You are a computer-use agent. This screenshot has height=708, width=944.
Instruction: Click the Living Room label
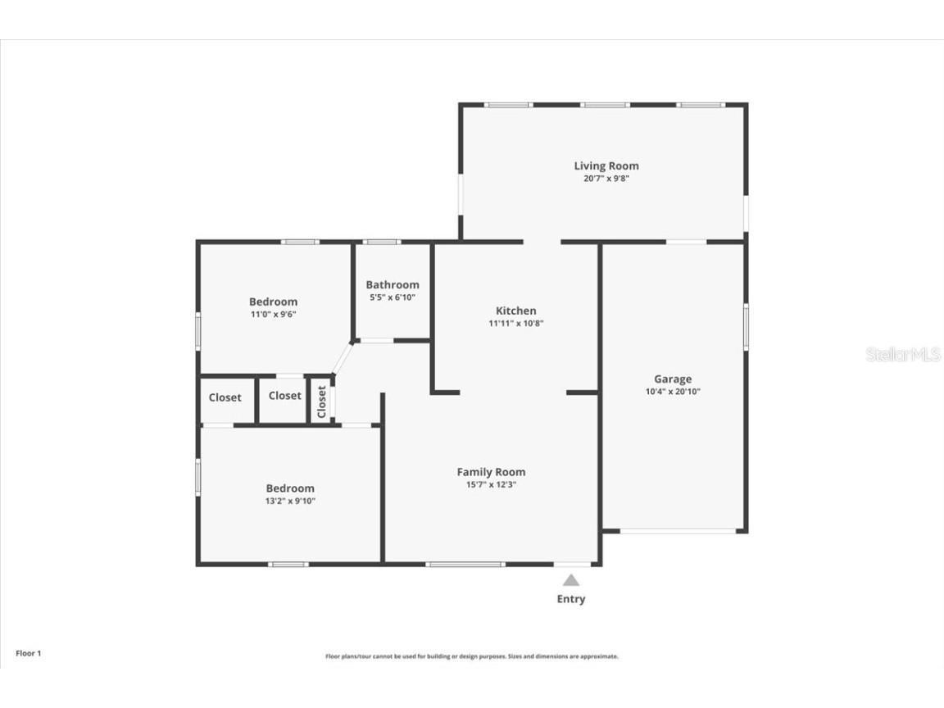pos(606,166)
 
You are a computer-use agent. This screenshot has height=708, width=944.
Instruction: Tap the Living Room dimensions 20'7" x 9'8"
pos(606,178)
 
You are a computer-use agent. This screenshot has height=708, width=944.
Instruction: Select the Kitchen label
pos(515,311)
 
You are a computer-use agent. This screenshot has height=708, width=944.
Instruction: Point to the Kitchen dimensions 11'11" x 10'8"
pos(515,323)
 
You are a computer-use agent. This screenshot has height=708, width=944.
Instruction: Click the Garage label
pos(672,379)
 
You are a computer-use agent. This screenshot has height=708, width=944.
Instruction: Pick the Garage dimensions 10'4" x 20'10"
pos(672,392)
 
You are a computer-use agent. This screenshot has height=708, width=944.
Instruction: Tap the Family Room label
pos(491,472)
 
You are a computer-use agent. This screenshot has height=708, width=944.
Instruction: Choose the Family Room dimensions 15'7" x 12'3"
pos(491,484)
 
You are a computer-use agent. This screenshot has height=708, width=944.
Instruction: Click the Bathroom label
pos(393,284)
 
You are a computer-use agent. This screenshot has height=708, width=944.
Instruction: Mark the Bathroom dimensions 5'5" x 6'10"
pos(393,297)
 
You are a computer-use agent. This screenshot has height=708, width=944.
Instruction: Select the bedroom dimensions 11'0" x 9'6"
pos(273,314)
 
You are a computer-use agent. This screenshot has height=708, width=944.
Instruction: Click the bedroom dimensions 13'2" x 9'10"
pos(289,501)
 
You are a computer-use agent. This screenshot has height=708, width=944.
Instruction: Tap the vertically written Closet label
pos(322,402)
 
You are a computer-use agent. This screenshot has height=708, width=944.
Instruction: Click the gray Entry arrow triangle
pos(571,580)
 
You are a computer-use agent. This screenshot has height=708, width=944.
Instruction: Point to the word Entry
pos(571,599)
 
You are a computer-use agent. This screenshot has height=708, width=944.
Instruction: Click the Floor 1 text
pos(28,653)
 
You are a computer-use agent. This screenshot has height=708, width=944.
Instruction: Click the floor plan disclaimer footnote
pos(471,656)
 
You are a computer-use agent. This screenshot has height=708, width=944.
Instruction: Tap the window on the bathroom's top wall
pos(381,242)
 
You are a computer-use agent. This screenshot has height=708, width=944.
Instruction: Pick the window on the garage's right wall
pos(746,327)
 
